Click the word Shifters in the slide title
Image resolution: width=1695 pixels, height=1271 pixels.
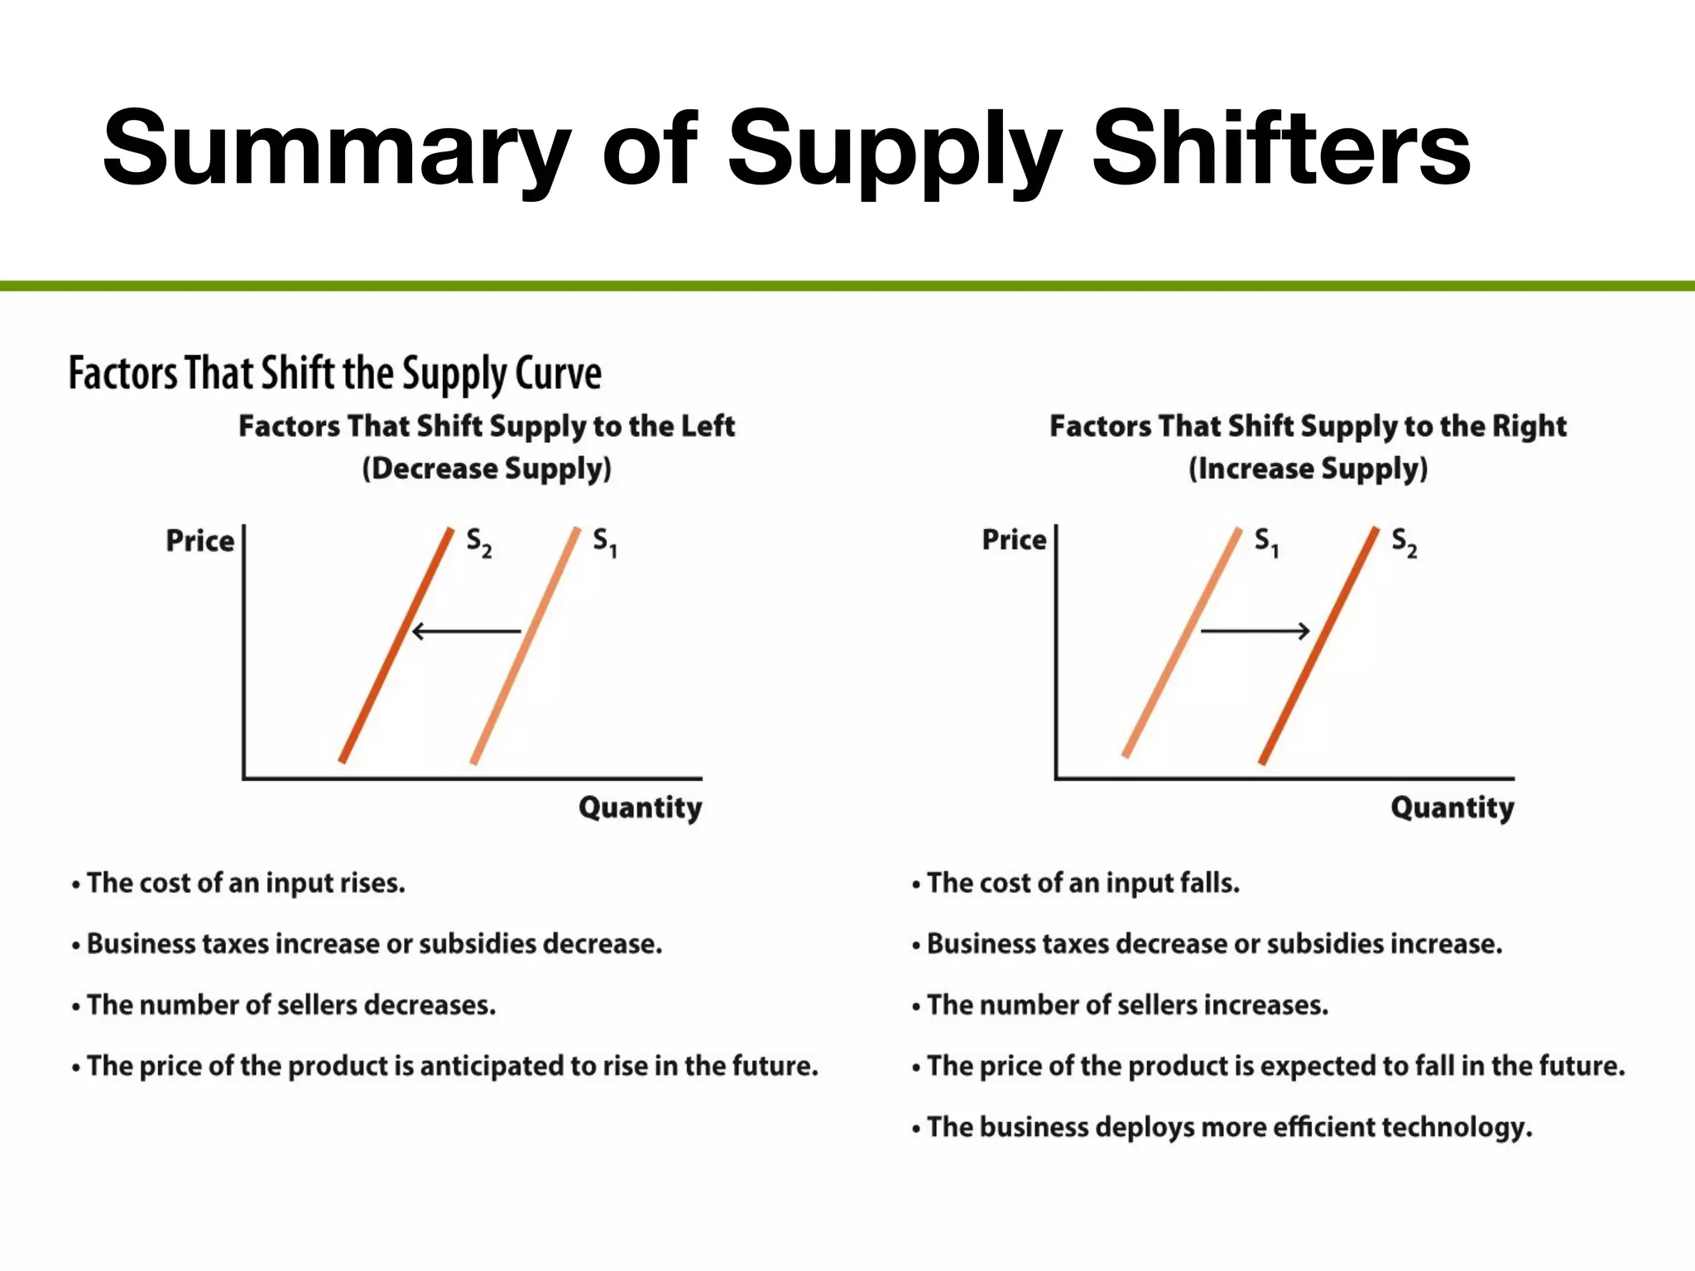coord(1280,149)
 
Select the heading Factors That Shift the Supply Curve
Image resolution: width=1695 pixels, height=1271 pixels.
coord(334,373)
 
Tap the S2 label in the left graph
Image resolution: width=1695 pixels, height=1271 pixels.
coord(478,543)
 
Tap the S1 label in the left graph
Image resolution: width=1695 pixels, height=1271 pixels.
coord(604,543)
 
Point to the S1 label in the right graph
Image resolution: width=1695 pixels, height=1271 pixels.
coord(1266,543)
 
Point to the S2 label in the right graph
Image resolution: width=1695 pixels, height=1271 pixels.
coord(1404,543)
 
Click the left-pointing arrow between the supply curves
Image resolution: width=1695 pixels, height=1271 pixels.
coord(466,631)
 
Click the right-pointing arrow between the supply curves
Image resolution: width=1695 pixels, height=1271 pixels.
coord(1255,631)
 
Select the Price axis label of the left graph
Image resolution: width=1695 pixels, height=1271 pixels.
coord(200,540)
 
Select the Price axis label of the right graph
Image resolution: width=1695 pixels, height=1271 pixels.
coord(1014,540)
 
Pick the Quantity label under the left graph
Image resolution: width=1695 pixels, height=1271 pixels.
coord(640,808)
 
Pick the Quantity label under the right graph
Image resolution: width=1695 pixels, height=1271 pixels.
coord(1452,808)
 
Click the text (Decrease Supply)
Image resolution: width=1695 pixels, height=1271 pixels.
coord(487,468)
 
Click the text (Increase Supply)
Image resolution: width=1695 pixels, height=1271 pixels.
coord(1308,468)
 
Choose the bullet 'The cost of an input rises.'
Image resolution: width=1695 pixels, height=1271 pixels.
coord(246,883)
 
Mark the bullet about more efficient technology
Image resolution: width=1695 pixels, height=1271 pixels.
coord(1229,1127)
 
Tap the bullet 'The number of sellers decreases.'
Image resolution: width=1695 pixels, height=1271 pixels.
coord(291,1005)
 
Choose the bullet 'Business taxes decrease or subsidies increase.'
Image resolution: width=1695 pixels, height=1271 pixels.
coord(1214,943)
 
